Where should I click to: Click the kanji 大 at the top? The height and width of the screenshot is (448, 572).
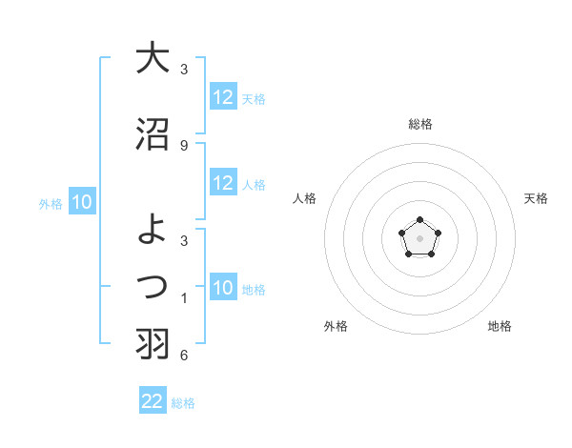(x=152, y=58)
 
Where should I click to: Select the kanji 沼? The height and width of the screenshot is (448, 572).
(x=152, y=134)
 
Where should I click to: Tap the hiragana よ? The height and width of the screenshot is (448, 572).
(x=152, y=227)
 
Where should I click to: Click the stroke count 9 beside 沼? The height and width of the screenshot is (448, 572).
(x=184, y=145)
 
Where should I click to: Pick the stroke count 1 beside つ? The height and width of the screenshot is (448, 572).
(x=184, y=298)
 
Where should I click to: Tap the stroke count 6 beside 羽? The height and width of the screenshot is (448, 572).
(x=184, y=356)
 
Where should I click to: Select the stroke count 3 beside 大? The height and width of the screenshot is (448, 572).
(x=184, y=69)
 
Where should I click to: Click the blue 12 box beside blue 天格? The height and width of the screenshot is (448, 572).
(x=223, y=97)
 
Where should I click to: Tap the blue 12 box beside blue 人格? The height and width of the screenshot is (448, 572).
(x=223, y=183)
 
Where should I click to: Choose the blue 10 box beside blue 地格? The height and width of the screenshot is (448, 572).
(x=223, y=289)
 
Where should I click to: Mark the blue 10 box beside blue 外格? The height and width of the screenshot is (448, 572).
(x=82, y=202)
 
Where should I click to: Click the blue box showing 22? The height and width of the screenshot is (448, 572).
(x=153, y=401)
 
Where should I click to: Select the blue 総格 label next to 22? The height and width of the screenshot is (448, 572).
(x=183, y=403)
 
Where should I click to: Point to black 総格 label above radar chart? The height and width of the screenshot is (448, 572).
(x=420, y=124)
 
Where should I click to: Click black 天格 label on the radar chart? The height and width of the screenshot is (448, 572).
(x=537, y=198)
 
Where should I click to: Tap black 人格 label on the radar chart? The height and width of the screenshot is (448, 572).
(x=305, y=198)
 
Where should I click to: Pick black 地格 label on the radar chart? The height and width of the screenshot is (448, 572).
(x=500, y=326)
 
